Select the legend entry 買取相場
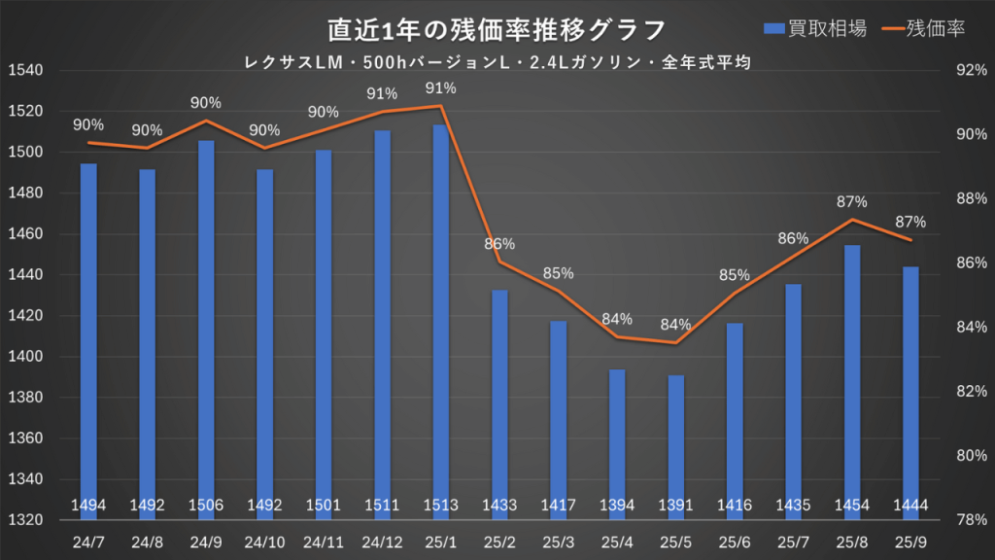click(x=815, y=29)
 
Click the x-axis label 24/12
click(x=382, y=541)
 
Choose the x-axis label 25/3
click(x=559, y=541)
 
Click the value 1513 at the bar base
click(x=441, y=505)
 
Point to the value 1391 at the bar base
click(x=676, y=505)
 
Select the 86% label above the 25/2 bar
click(x=499, y=244)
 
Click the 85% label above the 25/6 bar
click(x=736, y=275)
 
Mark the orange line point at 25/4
click(x=617, y=337)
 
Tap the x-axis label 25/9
click(x=911, y=541)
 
